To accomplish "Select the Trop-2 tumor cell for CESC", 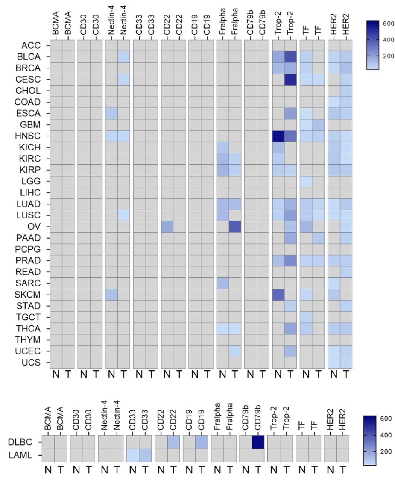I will click(290, 79).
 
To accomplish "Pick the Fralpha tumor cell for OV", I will click(235, 227).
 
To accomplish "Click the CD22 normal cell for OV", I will click(167, 227).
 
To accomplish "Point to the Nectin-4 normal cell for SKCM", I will click(111, 295).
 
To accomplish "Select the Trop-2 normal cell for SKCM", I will click(278, 295).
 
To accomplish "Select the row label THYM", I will click(30, 340).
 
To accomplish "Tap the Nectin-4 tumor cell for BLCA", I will click(123, 56).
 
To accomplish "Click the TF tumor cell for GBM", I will click(318, 125).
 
